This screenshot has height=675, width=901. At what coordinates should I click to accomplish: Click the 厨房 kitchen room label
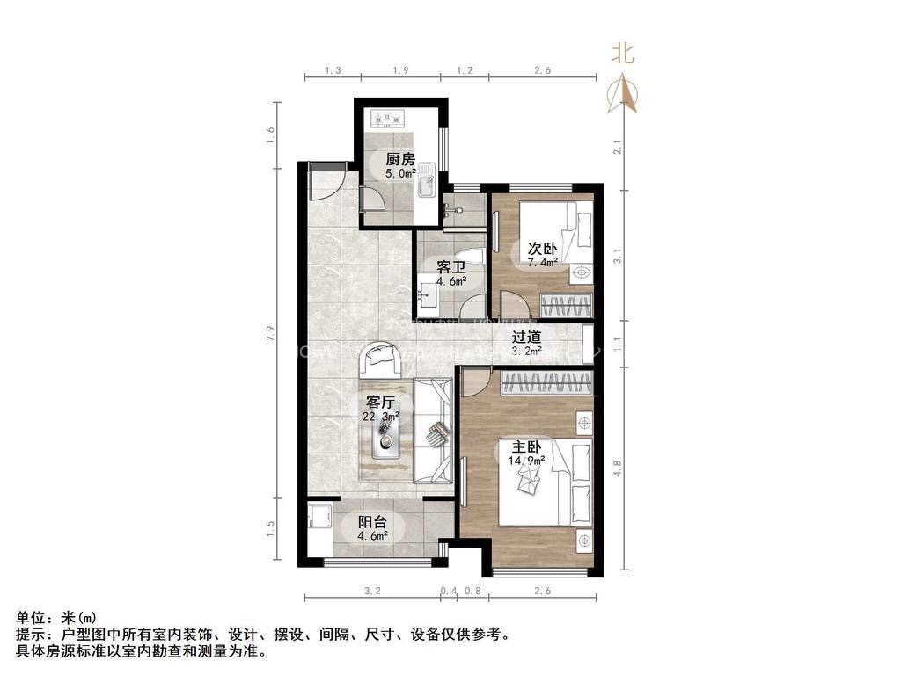point(400,159)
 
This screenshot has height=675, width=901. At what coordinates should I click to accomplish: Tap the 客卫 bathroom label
point(451,266)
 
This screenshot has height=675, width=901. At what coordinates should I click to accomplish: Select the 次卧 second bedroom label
point(542,248)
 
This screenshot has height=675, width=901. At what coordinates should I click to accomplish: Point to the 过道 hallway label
point(527,336)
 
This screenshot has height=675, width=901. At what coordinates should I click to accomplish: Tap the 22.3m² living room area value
point(381,417)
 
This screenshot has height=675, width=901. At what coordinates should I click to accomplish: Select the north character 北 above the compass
point(624,54)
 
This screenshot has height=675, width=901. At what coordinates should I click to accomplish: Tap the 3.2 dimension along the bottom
point(372,592)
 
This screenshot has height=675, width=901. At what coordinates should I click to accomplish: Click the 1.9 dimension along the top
point(400,70)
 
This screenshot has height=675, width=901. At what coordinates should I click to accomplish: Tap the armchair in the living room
point(383,357)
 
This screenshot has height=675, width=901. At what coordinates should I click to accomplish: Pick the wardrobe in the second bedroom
point(565,306)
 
